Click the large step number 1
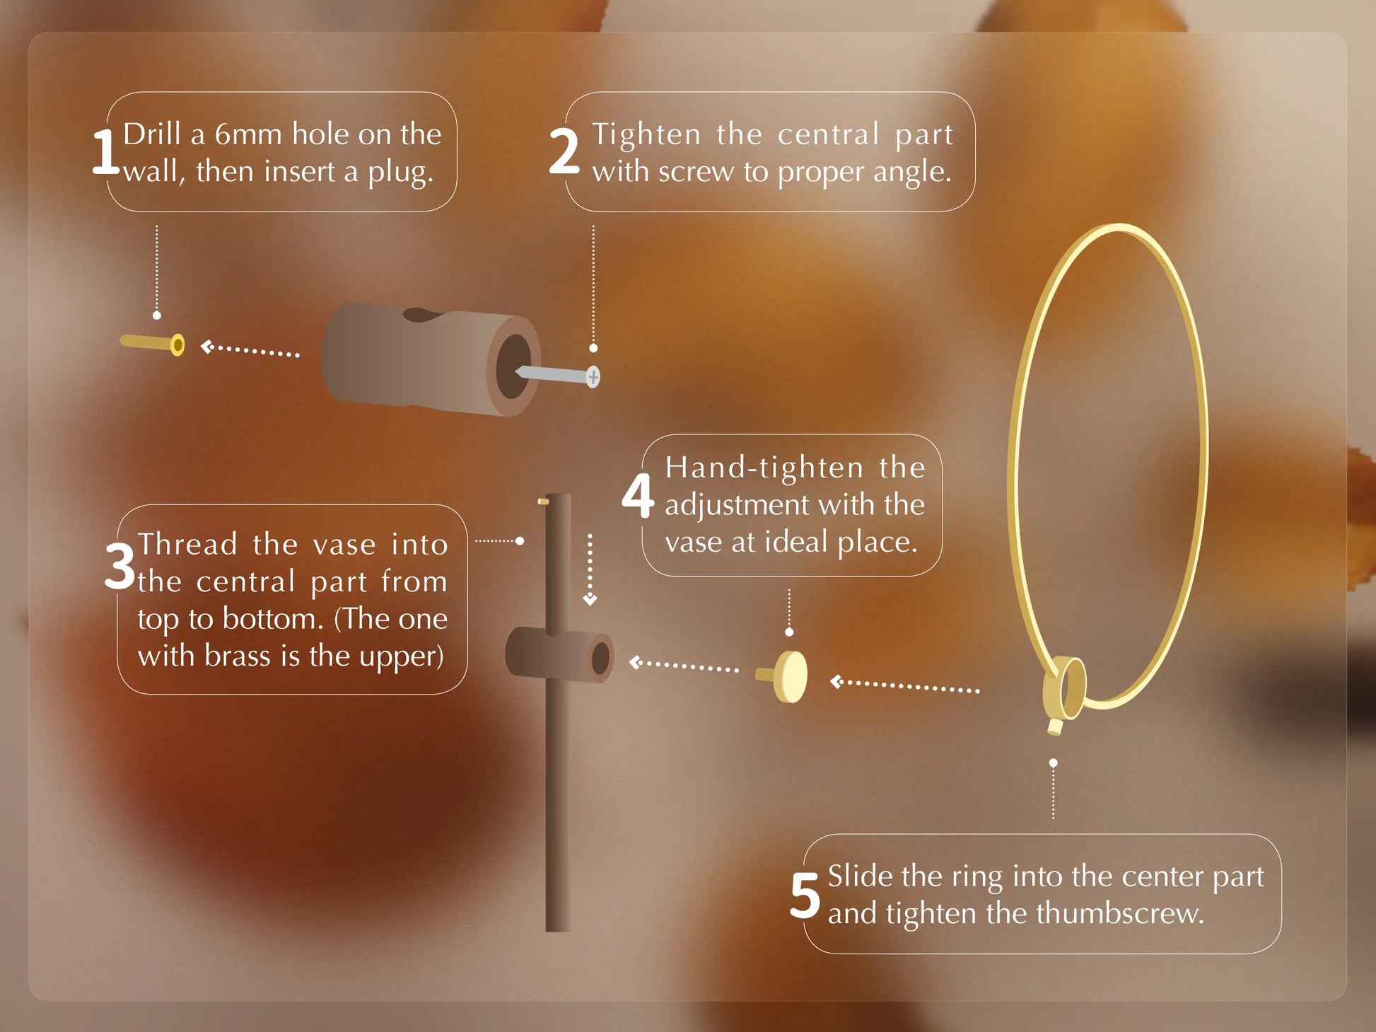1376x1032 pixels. [x=105, y=152]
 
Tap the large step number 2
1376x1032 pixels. [x=564, y=152]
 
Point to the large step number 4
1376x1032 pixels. [x=637, y=496]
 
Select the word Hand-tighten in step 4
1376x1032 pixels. [x=764, y=468]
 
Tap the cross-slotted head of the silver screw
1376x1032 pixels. [x=593, y=377]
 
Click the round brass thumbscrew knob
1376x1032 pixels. [x=790, y=677]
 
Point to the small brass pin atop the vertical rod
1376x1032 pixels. [x=543, y=501]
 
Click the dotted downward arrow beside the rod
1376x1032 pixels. [x=590, y=569]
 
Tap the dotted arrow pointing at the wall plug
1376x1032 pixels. [x=250, y=349]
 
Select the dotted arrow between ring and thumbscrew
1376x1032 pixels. [x=904, y=685]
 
